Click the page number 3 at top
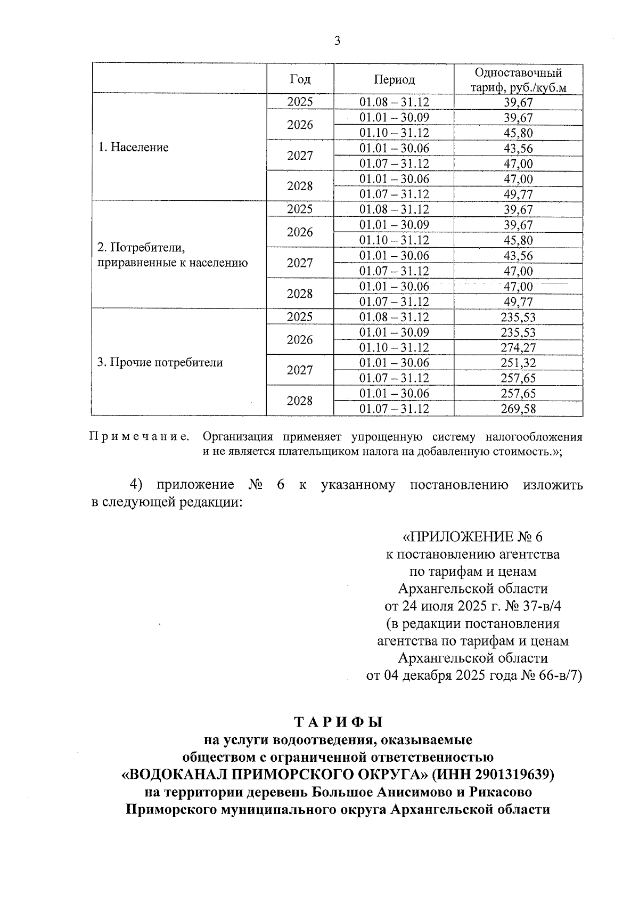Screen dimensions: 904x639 coord(337,41)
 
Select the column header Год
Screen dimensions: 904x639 coord(300,79)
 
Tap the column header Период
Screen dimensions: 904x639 coord(394,79)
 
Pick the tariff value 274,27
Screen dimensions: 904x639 coord(518,348)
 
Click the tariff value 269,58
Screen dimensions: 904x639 coord(518,409)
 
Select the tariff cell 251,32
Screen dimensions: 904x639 coord(518,363)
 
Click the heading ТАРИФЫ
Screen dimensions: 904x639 coord(339,722)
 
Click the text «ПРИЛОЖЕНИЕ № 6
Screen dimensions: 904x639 coord(472,536)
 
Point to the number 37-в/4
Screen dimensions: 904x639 coord(538,606)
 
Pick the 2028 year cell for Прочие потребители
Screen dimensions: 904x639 coord(300,401)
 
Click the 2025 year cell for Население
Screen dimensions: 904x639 coord(300,102)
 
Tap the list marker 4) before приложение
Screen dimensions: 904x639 coord(137,485)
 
